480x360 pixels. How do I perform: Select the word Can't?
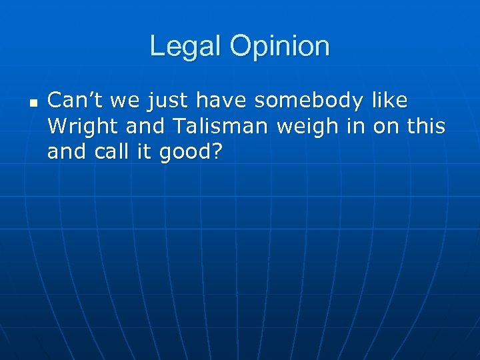(x=73, y=101)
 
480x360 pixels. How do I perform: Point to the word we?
(x=121, y=101)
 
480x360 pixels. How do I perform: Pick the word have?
(x=217, y=101)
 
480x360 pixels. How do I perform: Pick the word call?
(x=115, y=151)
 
